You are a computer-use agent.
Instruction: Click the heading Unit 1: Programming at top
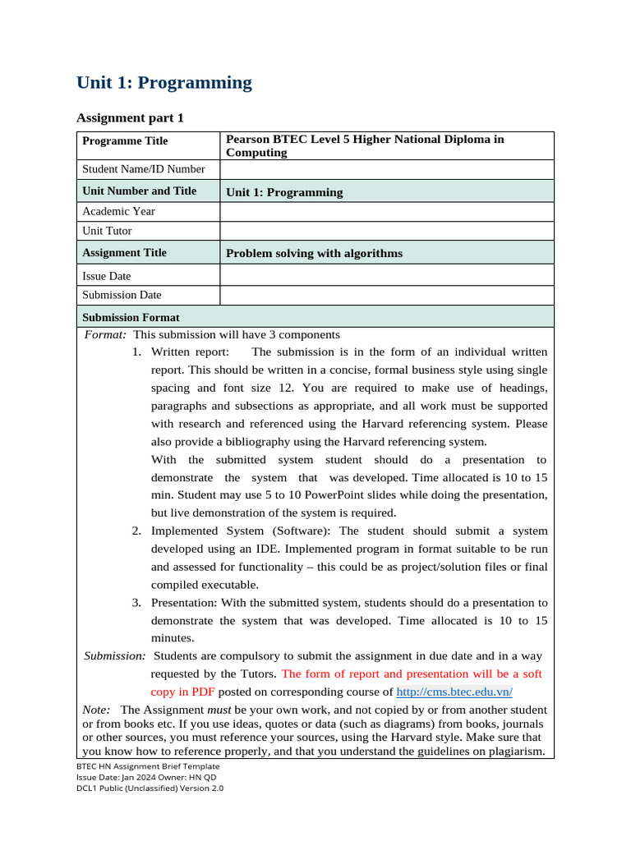(164, 83)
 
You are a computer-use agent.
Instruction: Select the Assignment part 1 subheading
(130, 118)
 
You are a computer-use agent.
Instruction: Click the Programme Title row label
(125, 141)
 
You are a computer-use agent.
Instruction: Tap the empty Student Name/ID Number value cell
(386, 170)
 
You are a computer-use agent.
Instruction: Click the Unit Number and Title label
(140, 191)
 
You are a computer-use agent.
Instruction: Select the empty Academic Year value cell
(386, 212)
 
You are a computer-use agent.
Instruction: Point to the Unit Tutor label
(107, 232)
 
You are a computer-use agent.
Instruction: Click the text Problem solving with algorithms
(314, 253)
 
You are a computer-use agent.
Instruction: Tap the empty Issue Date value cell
(386, 276)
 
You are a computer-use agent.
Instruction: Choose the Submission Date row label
(122, 295)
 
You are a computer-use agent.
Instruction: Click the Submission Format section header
(131, 317)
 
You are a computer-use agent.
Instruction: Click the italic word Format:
(106, 335)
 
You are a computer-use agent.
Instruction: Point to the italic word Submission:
(116, 656)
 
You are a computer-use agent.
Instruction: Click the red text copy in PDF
(182, 692)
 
